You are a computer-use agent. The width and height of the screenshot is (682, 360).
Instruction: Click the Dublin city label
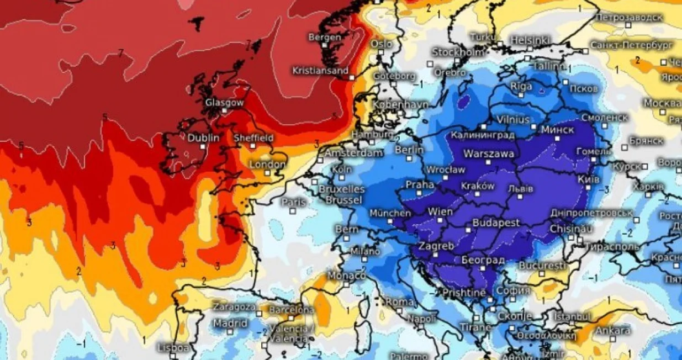pos(203,138)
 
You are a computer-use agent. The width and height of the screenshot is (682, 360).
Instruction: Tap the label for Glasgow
pos(224,103)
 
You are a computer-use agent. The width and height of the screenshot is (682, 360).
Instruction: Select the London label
pos(267,165)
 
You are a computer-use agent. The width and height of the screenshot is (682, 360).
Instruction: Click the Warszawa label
pos(489,153)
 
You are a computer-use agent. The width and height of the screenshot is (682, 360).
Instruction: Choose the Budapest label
pos(496,223)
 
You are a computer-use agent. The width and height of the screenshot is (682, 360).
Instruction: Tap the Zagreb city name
pos(436,246)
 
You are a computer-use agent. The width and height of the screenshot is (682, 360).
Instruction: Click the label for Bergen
pos(325,37)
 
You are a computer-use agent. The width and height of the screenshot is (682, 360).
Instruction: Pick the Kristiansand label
pos(320,71)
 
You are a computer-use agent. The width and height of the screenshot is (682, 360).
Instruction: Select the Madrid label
pos(230,323)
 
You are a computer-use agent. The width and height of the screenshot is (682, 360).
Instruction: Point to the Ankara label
pos(612,331)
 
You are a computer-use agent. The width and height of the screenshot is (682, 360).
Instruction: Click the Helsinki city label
pos(529,40)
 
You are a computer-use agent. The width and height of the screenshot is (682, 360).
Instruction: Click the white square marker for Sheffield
pos(252,146)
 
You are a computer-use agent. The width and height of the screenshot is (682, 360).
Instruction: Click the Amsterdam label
pos(353,153)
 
